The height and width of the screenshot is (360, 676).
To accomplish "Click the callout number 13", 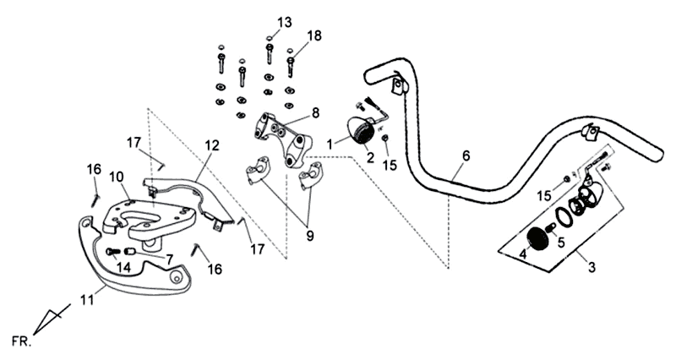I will point(284,20).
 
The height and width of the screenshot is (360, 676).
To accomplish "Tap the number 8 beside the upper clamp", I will point(314,112).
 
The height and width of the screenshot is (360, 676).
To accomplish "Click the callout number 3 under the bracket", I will point(591,268).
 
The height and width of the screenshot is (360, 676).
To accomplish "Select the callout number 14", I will point(124,266).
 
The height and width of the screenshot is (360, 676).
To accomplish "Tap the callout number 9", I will point(309,236).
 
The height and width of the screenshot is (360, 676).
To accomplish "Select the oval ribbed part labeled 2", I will point(366,133).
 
